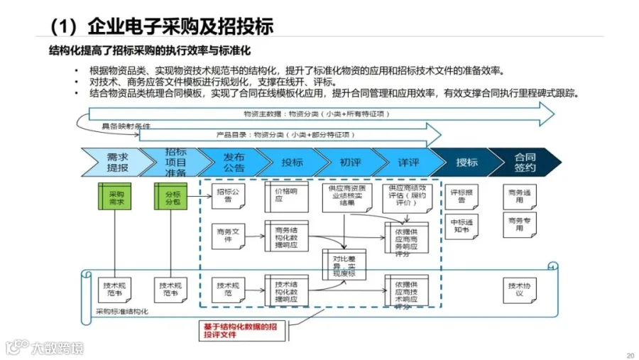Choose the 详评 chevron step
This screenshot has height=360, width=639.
[403, 163]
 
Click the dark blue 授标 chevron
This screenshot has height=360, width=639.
[462, 163]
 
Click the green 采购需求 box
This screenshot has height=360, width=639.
[115, 197]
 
